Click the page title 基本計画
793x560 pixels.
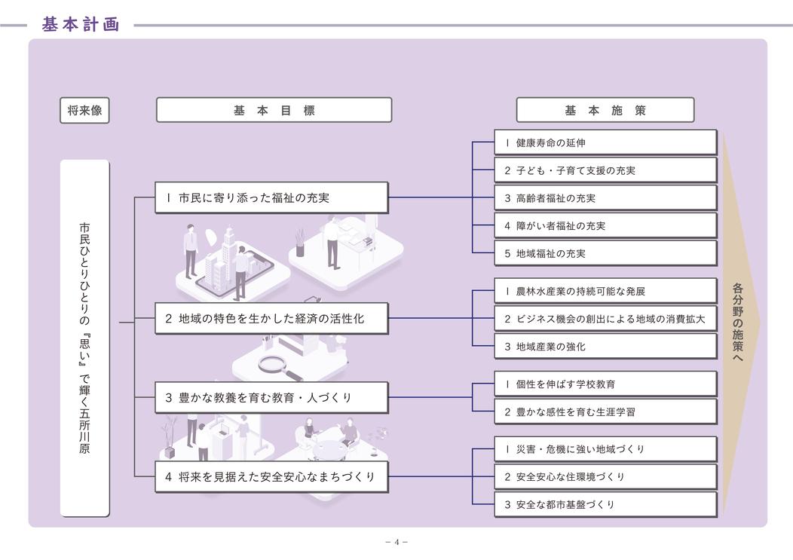pos(81,24)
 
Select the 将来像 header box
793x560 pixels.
pos(84,110)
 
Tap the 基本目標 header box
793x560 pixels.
pos(274,110)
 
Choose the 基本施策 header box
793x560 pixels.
pos(605,110)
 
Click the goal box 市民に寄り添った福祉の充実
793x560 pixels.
pos(271,198)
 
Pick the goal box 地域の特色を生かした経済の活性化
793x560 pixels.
pos(271,318)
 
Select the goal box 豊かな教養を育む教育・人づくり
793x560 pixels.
pos(271,397)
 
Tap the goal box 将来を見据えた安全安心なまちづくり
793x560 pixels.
pos(271,476)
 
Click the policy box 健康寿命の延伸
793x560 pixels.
pos(605,142)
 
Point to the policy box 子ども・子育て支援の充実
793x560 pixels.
pos(605,170)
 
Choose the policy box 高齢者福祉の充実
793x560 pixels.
pos(605,198)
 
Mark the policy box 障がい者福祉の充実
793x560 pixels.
pos(605,225)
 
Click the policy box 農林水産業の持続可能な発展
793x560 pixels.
pos(605,291)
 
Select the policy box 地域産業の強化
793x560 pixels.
pos(605,347)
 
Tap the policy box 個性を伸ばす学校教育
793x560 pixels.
pos(605,384)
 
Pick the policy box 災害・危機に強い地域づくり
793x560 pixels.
pos(605,449)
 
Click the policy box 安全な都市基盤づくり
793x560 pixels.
pos(605,504)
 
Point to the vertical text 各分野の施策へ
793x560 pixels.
pos(738,323)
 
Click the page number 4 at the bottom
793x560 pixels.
pos(396,542)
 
